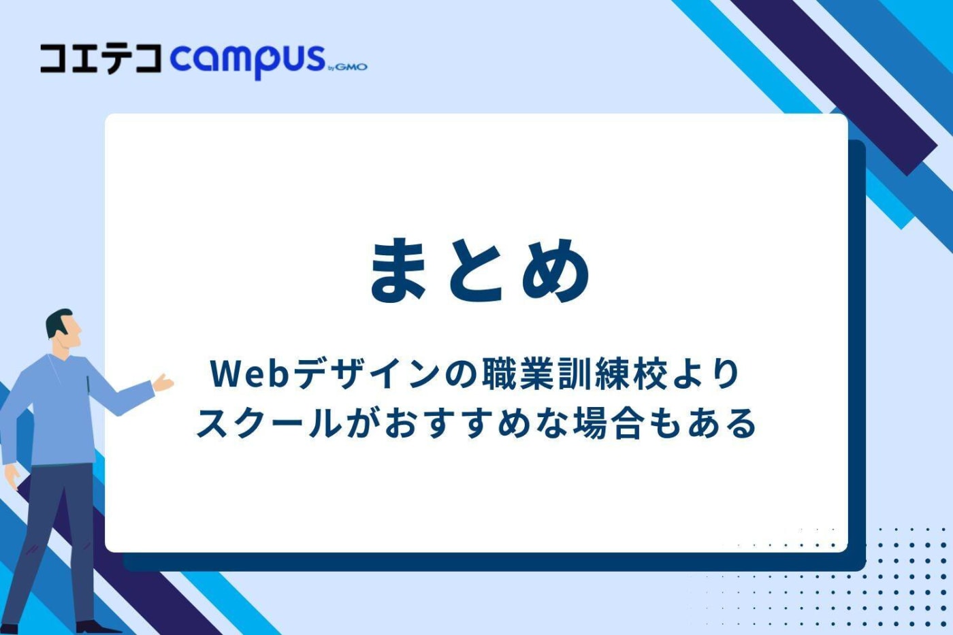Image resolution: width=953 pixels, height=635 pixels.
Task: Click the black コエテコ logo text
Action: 101,59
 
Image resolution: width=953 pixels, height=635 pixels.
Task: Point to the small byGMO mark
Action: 348,67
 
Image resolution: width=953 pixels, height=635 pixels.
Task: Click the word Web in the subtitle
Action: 250,374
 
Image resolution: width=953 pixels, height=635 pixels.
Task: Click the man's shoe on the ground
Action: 95,627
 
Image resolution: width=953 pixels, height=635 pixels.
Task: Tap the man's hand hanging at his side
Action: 12,476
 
